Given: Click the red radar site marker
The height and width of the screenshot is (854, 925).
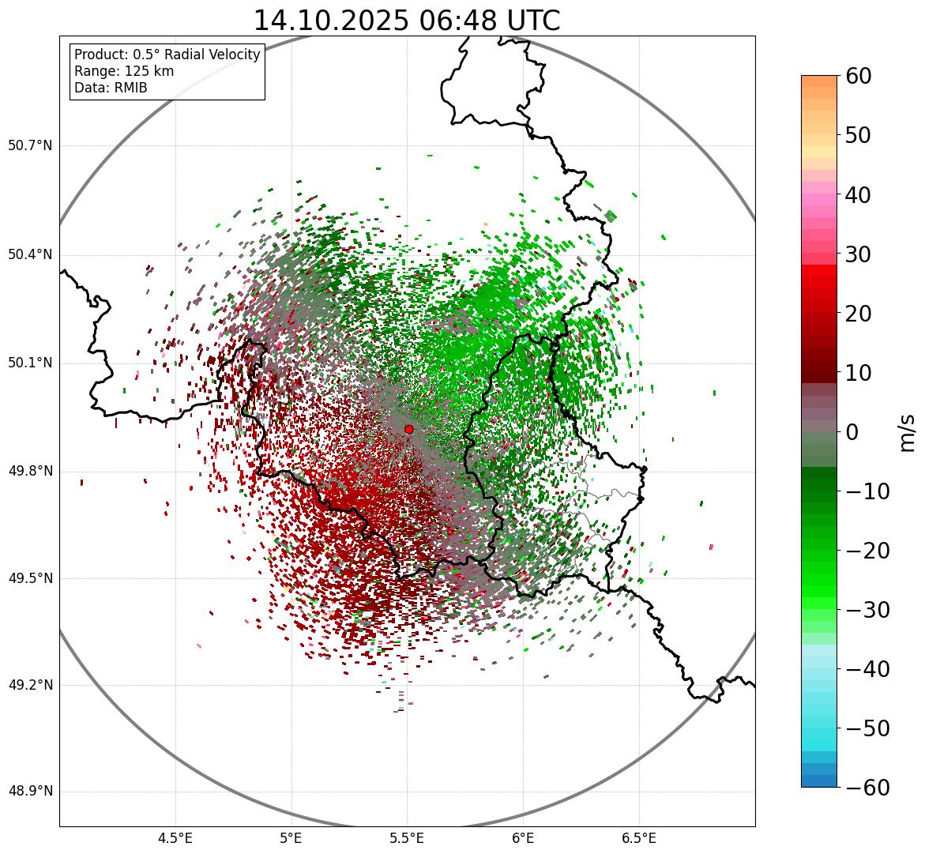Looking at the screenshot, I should (x=408, y=429).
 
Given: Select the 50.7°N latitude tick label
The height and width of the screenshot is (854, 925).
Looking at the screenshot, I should (x=30, y=145).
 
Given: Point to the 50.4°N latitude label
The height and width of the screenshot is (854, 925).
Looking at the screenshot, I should (x=30, y=254).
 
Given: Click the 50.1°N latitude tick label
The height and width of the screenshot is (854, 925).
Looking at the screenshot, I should (x=30, y=363).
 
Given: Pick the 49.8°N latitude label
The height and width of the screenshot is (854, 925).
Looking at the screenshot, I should (x=30, y=472).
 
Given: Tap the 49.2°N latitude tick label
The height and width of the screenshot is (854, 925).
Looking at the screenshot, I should (x=30, y=685).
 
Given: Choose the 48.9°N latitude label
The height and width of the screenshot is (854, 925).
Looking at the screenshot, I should (x=30, y=792).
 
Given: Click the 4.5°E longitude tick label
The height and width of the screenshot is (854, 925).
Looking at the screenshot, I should (x=175, y=838).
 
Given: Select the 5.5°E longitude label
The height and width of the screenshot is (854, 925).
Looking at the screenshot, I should (x=407, y=838).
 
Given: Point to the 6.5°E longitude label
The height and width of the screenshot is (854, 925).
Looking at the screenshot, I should (x=638, y=838).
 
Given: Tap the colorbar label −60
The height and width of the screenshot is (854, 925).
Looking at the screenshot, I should (x=863, y=788).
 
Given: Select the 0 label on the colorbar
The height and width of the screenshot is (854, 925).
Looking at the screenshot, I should (x=852, y=432).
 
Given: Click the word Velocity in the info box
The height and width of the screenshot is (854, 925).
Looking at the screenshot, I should (x=232, y=55).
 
